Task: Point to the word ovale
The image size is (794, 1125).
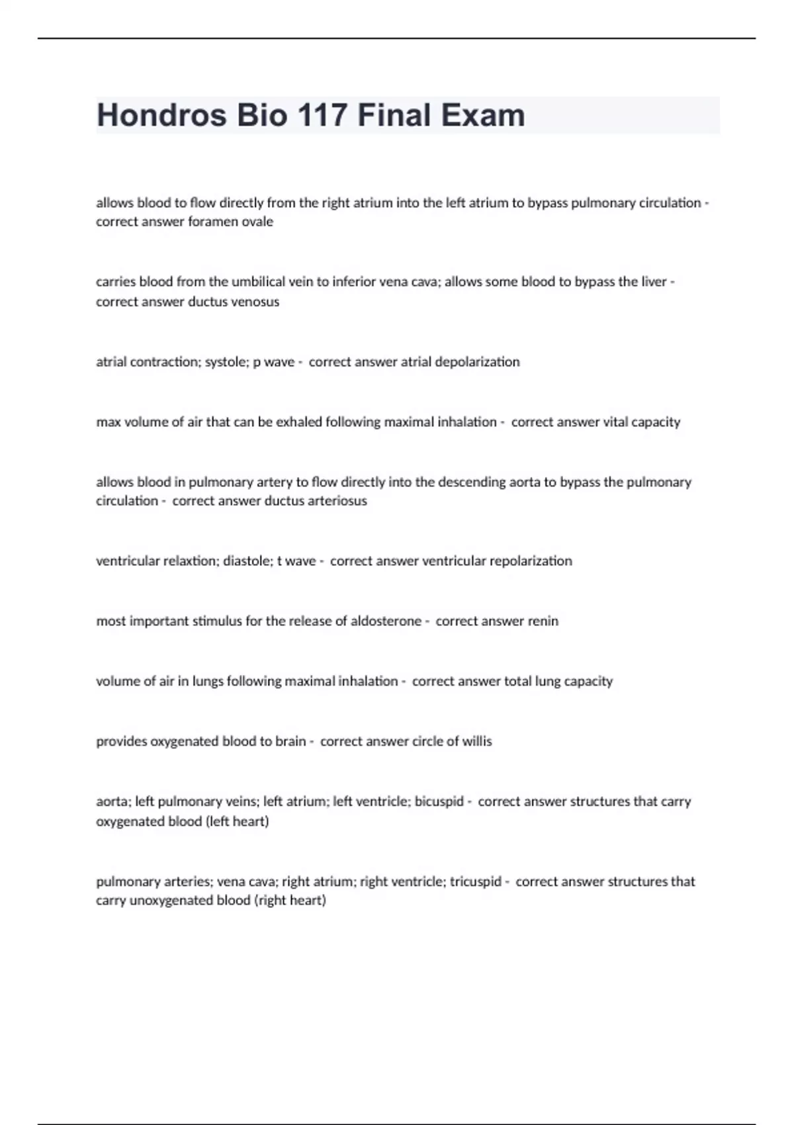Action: coord(256,222)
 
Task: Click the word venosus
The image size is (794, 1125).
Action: coord(255,302)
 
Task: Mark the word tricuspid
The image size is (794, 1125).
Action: coord(475,881)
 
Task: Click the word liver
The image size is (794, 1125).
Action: coord(652,282)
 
